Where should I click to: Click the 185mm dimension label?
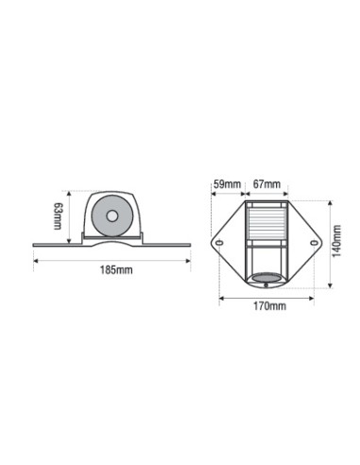point(116,270)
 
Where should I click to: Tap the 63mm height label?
point(58,216)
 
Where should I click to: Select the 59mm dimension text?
point(227,184)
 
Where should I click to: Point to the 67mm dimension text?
point(266,184)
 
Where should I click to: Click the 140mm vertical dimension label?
point(336,241)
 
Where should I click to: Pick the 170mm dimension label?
point(270,306)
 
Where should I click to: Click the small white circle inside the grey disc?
point(112,216)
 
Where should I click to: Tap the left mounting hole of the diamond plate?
point(219,243)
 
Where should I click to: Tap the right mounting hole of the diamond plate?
point(314,243)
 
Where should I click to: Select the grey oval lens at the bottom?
point(267,279)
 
